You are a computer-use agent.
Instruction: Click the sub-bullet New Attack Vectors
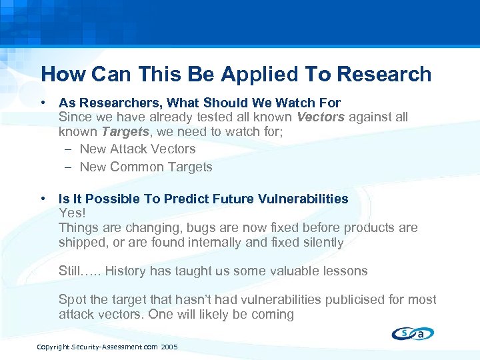[x=137, y=149]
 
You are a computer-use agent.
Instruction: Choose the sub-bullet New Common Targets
[x=145, y=167]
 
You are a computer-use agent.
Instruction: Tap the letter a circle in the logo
[x=423, y=334]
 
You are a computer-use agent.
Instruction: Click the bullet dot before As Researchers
[x=43, y=103]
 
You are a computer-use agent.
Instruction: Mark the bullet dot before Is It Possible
[x=43, y=199]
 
